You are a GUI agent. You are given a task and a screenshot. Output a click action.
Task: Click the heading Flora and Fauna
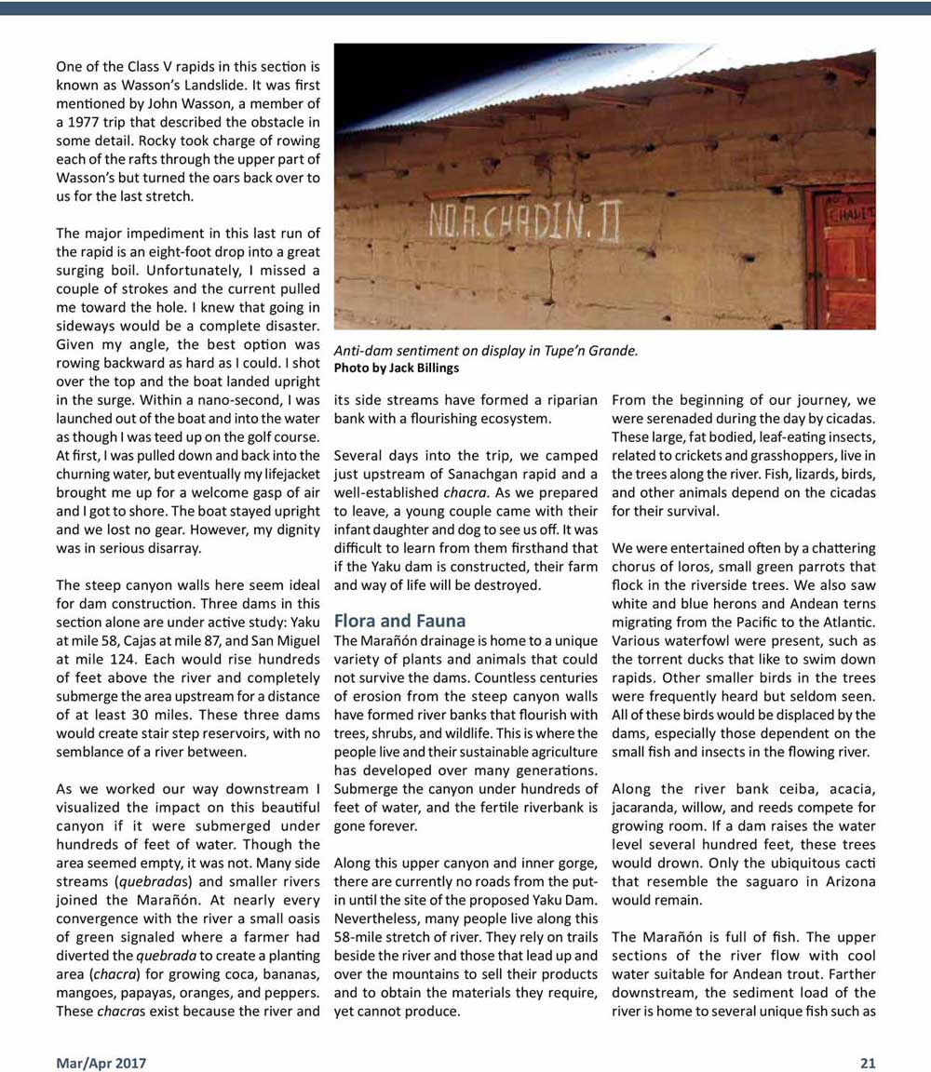coord(399,621)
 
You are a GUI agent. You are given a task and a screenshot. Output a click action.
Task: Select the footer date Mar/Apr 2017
coord(101,1062)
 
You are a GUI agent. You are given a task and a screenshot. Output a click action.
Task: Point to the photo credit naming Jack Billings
coord(397,368)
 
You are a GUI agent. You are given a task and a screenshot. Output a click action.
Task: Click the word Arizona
coord(847,881)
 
